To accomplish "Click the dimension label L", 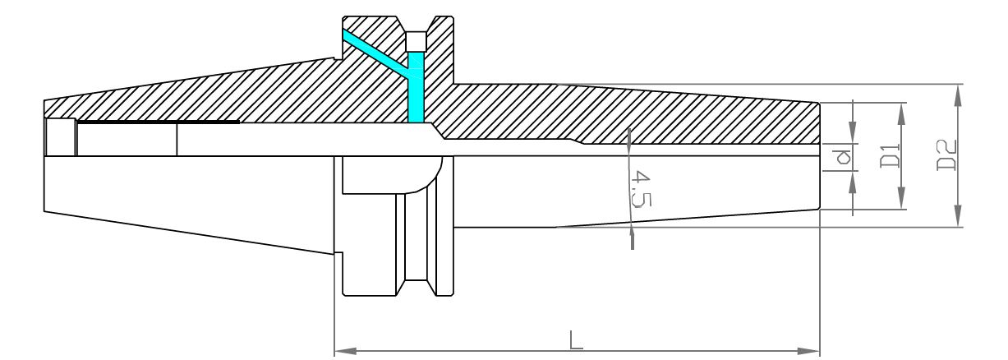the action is [576, 339].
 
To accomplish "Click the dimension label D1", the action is [890, 155].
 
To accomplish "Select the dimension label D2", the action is [946, 155].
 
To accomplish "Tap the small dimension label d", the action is [841, 157].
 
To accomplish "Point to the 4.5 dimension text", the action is [641, 188].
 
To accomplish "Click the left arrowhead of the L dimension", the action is [346, 351].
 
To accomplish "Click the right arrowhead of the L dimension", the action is [808, 351].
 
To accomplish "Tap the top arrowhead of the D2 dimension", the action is [959, 95].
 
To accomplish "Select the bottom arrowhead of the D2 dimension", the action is [959, 216].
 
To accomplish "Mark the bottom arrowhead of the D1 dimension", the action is [901, 198].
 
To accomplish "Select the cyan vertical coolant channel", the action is [416, 87].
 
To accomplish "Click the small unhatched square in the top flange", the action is [416, 41].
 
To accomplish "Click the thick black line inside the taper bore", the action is [158, 122].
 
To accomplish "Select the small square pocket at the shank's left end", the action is [60, 137].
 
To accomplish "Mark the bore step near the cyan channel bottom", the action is [439, 131].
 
